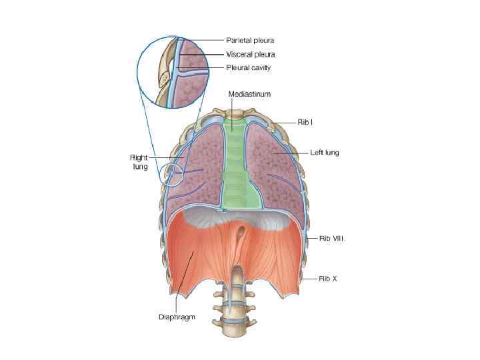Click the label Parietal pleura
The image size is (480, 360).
click(250, 40)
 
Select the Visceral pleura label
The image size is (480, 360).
click(251, 54)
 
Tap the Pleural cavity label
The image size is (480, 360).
click(249, 67)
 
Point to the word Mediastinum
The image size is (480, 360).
click(249, 94)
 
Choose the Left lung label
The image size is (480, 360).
click(325, 153)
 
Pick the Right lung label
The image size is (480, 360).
click(139, 162)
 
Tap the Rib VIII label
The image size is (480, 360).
click(326, 237)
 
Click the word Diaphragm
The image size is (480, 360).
click(177, 317)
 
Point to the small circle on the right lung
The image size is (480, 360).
click(175, 175)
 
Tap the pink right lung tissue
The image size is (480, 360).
click(200, 173)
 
